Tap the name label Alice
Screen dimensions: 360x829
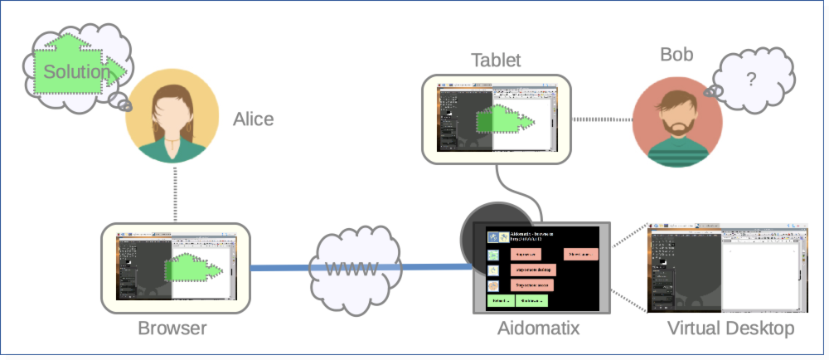tap(253, 119)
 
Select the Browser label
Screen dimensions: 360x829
tap(172, 328)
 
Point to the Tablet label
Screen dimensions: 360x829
tap(496, 60)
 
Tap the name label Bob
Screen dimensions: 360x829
tap(676, 55)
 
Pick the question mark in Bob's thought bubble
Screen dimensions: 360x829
tap(751, 80)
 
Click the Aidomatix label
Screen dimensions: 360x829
tap(538, 328)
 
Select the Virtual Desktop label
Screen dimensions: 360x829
tap(730, 328)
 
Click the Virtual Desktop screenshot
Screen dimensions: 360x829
tap(727, 267)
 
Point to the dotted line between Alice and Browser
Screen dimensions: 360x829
tap(176, 193)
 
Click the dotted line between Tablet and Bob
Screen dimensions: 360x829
tap(602, 119)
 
